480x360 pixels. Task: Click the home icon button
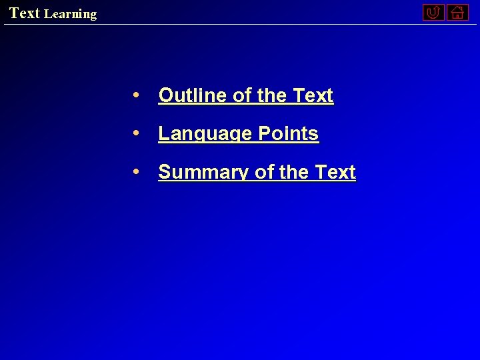click(x=457, y=12)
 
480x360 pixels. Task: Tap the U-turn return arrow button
click(x=433, y=12)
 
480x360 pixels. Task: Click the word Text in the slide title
click(x=25, y=13)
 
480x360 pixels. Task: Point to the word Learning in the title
click(x=70, y=14)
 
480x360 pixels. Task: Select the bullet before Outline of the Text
click(x=135, y=95)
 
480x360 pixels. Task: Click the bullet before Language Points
click(x=135, y=133)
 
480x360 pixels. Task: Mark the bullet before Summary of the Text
click(x=135, y=171)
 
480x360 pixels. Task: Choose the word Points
click(x=288, y=134)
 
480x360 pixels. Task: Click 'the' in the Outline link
click(x=271, y=96)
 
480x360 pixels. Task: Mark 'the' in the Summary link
click(x=294, y=173)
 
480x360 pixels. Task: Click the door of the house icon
click(x=457, y=15)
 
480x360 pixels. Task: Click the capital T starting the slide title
click(x=14, y=13)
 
